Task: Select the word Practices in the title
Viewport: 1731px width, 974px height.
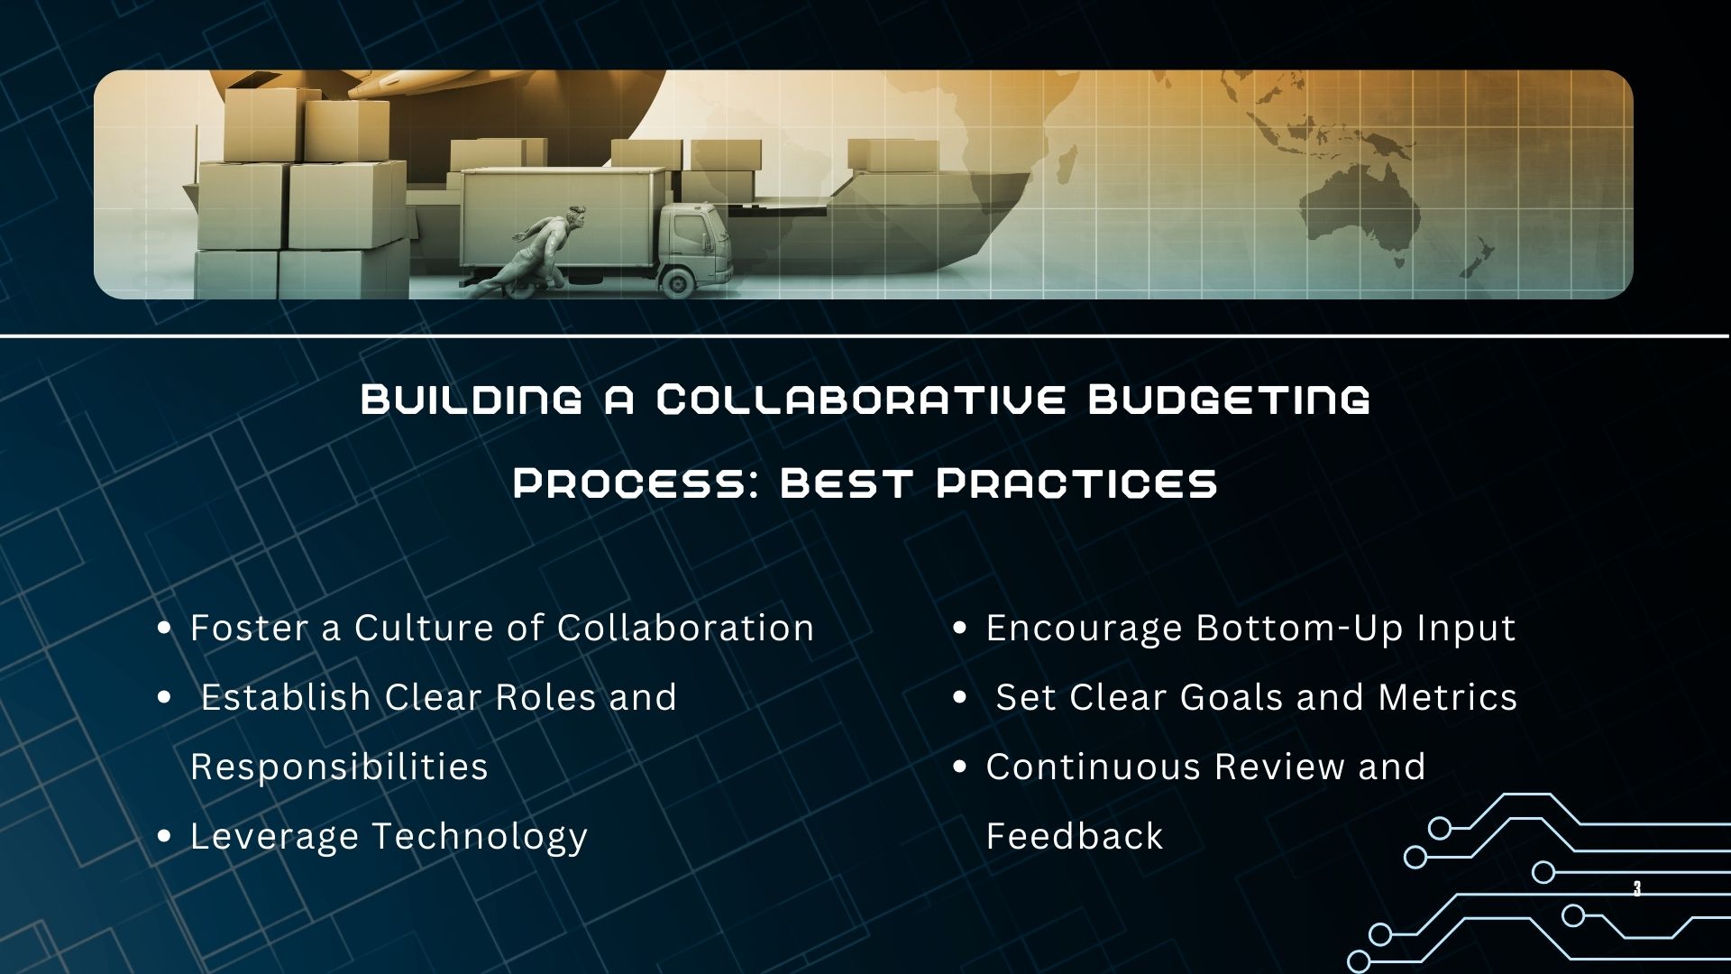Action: (1077, 484)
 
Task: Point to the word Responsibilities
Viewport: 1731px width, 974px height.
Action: (339, 767)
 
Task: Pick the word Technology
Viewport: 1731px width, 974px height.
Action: (480, 836)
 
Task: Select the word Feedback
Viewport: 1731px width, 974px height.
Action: (1075, 836)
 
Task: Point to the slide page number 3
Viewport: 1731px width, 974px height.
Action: (1636, 889)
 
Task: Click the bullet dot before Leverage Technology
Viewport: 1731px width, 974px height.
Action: (164, 837)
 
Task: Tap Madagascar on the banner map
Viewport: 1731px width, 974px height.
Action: (1064, 167)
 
